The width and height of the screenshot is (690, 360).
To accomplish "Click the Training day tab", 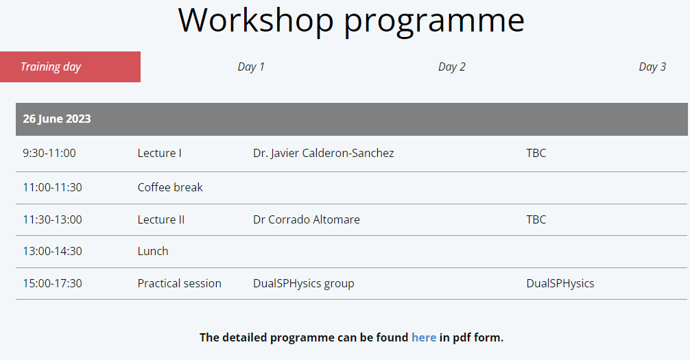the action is pos(70,67).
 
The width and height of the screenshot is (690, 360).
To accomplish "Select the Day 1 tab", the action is pos(251,67).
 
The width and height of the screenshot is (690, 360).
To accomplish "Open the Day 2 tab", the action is pos(451,67).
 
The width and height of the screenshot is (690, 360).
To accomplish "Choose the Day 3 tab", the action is pos(652,67).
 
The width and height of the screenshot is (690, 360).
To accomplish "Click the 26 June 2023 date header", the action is pos(57,119).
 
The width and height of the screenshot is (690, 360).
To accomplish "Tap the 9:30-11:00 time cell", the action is pos(49,153).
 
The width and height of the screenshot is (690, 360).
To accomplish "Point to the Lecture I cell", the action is pos(159,153).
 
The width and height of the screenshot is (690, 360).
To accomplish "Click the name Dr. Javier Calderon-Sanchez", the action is pos(324,153).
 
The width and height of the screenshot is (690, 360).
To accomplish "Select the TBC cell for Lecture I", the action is pos(536,153).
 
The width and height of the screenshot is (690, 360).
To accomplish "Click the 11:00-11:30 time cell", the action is pos(52,187).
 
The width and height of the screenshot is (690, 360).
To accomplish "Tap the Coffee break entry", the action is pos(170,187).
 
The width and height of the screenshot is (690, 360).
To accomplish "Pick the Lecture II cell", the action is pos(161,219).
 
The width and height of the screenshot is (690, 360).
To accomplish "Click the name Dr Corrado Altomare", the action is pos(307,219).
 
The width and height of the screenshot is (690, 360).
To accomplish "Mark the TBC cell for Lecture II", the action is pos(536,219).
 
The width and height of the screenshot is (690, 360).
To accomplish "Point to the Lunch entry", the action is pos(153,251).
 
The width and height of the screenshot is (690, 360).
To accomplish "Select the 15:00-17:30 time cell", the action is pos(52,283).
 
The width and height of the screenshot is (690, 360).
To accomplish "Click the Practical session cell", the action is pos(180,283).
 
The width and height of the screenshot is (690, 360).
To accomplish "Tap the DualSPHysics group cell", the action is pos(304,284).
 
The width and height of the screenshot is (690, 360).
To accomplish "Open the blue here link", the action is pos(424,337).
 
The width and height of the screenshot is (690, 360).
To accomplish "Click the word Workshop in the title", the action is pos(256,20).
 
